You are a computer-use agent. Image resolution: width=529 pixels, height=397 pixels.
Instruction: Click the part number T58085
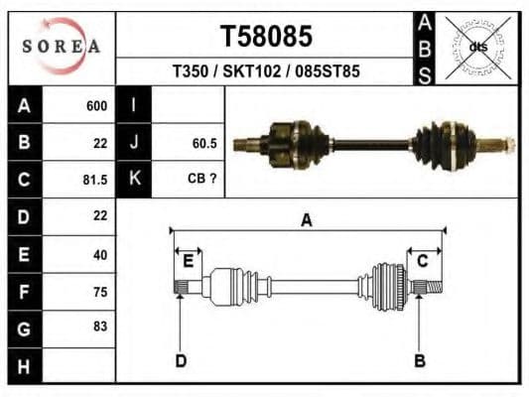coord(265,37)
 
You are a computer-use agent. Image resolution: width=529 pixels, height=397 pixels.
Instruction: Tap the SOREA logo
coord(62,47)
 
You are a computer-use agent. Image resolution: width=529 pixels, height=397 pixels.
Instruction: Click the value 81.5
coord(94,181)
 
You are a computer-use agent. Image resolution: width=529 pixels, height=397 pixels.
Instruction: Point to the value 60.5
coord(204,143)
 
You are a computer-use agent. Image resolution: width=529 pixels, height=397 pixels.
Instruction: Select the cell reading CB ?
coord(202,180)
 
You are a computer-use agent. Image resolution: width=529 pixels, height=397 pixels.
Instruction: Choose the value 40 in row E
coord(99,254)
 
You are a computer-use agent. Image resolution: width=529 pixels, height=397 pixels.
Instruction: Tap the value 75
coord(99,292)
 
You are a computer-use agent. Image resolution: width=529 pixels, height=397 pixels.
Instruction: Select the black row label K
coord(133,180)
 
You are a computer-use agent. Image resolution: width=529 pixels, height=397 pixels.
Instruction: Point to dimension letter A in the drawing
coord(307,220)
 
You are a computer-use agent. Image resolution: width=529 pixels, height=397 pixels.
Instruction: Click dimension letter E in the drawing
coord(188,260)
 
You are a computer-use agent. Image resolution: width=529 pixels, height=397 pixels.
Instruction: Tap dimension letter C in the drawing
coord(422,260)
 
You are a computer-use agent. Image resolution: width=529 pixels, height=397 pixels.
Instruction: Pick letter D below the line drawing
coord(181,360)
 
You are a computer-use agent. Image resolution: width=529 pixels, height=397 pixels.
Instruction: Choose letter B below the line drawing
coord(419,360)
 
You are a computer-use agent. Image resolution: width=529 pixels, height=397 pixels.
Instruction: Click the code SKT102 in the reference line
coord(265,72)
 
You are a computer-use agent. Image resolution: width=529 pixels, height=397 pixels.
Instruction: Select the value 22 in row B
coord(99,143)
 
